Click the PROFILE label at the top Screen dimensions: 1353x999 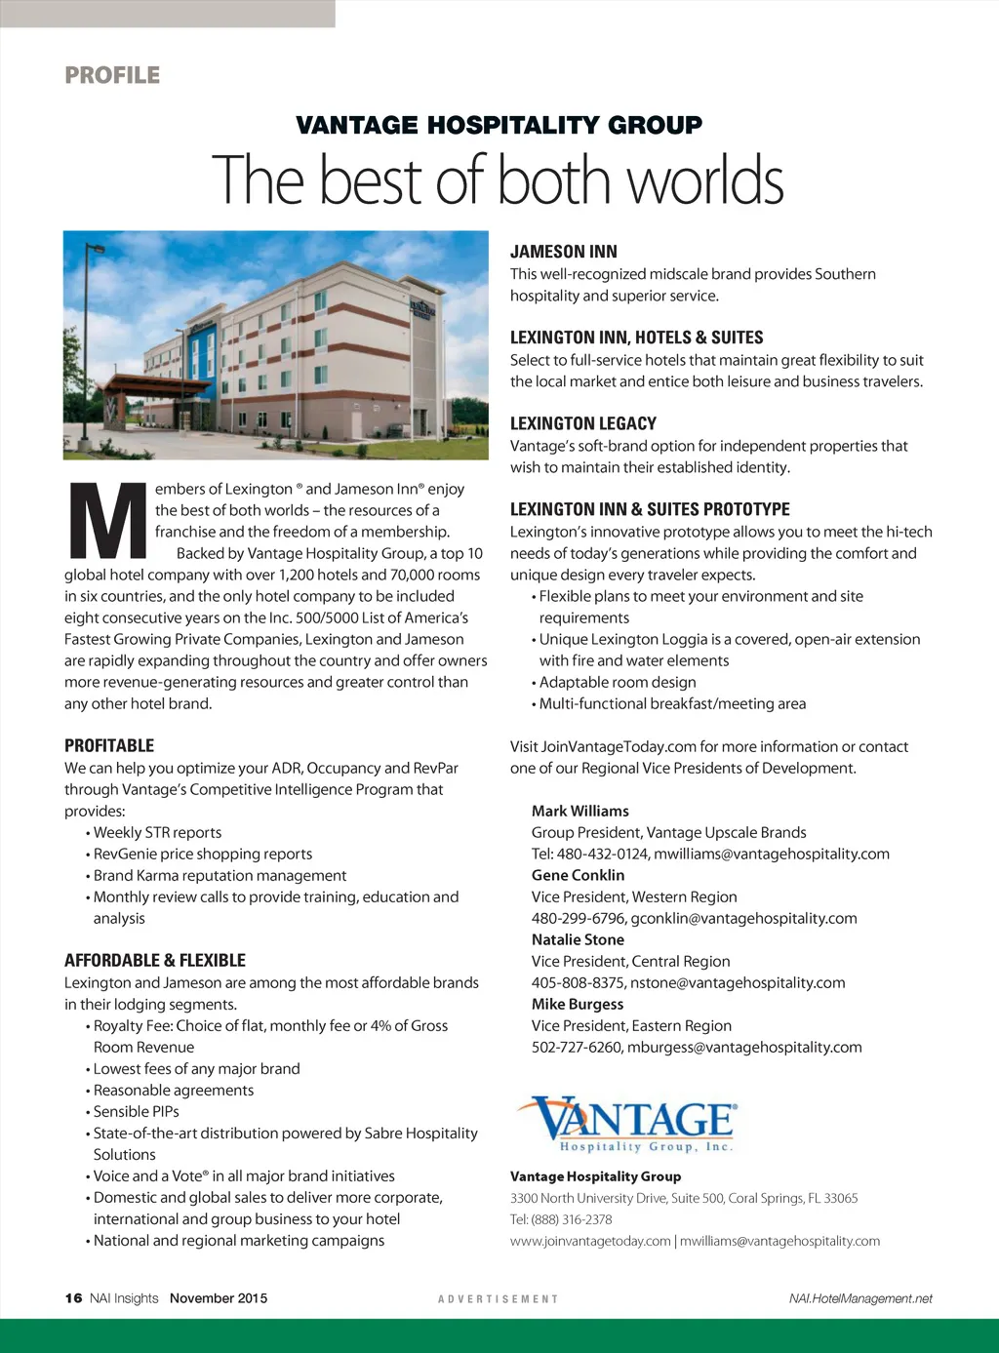coord(112,75)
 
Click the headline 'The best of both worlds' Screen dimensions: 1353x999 coord(499,180)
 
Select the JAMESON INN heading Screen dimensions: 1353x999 coord(563,252)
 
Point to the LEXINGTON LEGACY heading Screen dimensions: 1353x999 coord(582,423)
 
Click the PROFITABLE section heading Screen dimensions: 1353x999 coord(109,745)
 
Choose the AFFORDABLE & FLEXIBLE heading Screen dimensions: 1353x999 coord(155,960)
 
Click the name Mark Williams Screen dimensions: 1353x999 coord(579,811)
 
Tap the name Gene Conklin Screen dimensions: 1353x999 coord(578,875)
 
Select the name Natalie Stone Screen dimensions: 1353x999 coord(578,939)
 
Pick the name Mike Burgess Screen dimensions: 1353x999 coord(577,1004)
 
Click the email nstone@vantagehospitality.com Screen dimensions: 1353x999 coord(738,982)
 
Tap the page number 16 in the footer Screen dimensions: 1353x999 coord(73,1298)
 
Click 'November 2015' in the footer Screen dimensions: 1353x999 coord(218,1298)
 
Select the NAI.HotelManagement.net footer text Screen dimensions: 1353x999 coord(860,1298)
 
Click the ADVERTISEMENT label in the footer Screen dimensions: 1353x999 coord(499,1299)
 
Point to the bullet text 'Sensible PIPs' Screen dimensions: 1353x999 coord(136,1111)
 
